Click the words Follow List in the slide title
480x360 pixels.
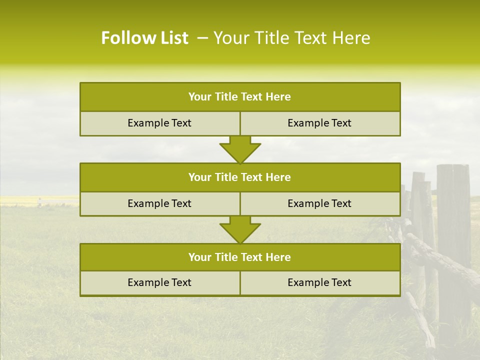coord(144,38)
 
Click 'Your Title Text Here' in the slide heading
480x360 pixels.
coord(291,38)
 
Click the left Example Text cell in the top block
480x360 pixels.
coord(159,123)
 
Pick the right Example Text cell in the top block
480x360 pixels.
coord(319,123)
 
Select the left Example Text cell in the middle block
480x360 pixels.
coord(159,203)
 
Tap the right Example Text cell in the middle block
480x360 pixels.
coord(319,203)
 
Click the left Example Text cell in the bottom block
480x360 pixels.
coord(159,282)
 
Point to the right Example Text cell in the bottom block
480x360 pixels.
coord(319,282)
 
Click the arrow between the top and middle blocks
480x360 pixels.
coord(240,149)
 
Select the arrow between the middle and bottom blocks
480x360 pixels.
coord(240,229)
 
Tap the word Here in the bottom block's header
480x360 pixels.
coord(278,257)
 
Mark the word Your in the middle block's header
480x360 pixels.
coord(199,177)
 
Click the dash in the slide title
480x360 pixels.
coord(202,38)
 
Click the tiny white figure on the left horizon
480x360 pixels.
coord(39,201)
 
